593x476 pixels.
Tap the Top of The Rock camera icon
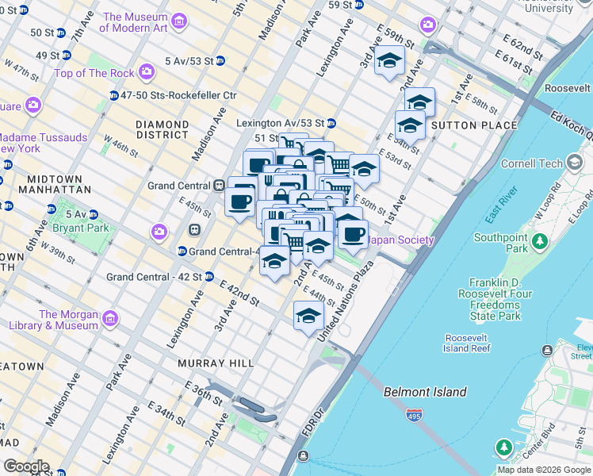click(146, 73)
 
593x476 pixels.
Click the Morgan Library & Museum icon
click(110, 319)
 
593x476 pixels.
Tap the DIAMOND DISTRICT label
click(162, 129)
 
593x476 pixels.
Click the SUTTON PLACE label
click(474, 125)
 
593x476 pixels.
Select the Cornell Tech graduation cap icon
click(576, 164)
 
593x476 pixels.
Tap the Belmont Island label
click(425, 392)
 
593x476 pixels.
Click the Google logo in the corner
click(26, 466)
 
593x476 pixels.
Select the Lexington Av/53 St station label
click(281, 123)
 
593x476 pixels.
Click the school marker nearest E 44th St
click(308, 316)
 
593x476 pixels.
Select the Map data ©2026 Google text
click(544, 470)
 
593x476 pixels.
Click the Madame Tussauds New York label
click(44, 143)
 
